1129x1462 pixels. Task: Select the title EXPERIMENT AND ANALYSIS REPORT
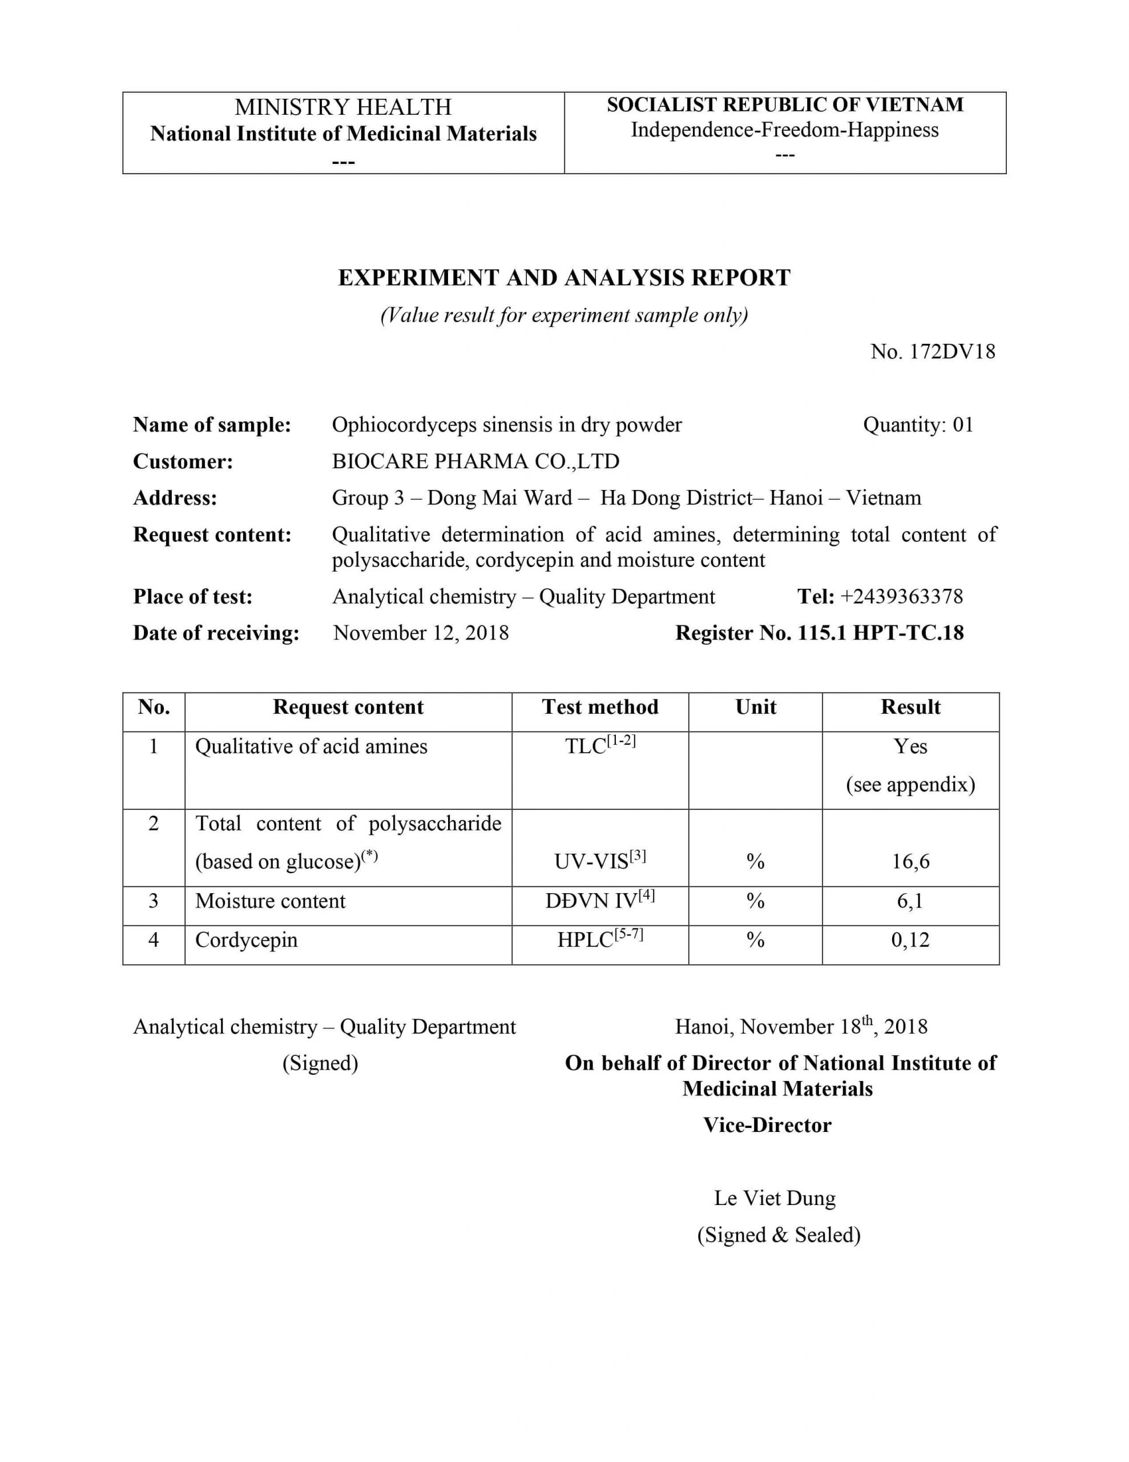click(564, 278)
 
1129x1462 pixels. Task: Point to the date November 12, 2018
click(421, 633)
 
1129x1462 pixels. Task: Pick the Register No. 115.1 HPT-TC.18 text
click(819, 633)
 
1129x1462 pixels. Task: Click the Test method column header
click(600, 707)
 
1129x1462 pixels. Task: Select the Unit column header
click(756, 707)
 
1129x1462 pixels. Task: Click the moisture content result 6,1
click(910, 901)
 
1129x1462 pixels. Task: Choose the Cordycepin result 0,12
click(910, 940)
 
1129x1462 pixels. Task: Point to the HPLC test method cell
click(600, 939)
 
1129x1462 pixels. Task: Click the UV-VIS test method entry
click(600, 861)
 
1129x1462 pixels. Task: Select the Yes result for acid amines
click(910, 746)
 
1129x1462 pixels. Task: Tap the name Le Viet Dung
click(775, 1198)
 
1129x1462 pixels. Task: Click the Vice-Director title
click(767, 1125)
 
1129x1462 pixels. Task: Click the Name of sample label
click(212, 424)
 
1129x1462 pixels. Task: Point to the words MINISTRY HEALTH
click(342, 107)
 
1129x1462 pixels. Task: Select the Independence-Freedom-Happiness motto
click(784, 130)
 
